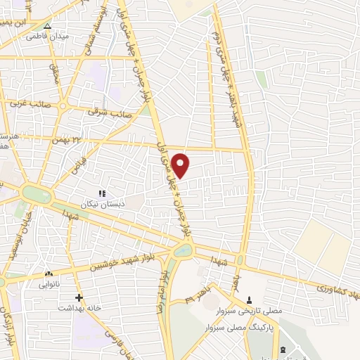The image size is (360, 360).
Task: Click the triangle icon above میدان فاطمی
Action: pyautogui.click(x=47, y=27)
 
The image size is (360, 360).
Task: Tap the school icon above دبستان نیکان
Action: pyautogui.click(x=101, y=193)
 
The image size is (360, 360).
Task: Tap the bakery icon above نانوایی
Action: pyautogui.click(x=49, y=274)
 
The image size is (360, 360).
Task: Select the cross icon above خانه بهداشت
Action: pyautogui.click(x=79, y=297)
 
